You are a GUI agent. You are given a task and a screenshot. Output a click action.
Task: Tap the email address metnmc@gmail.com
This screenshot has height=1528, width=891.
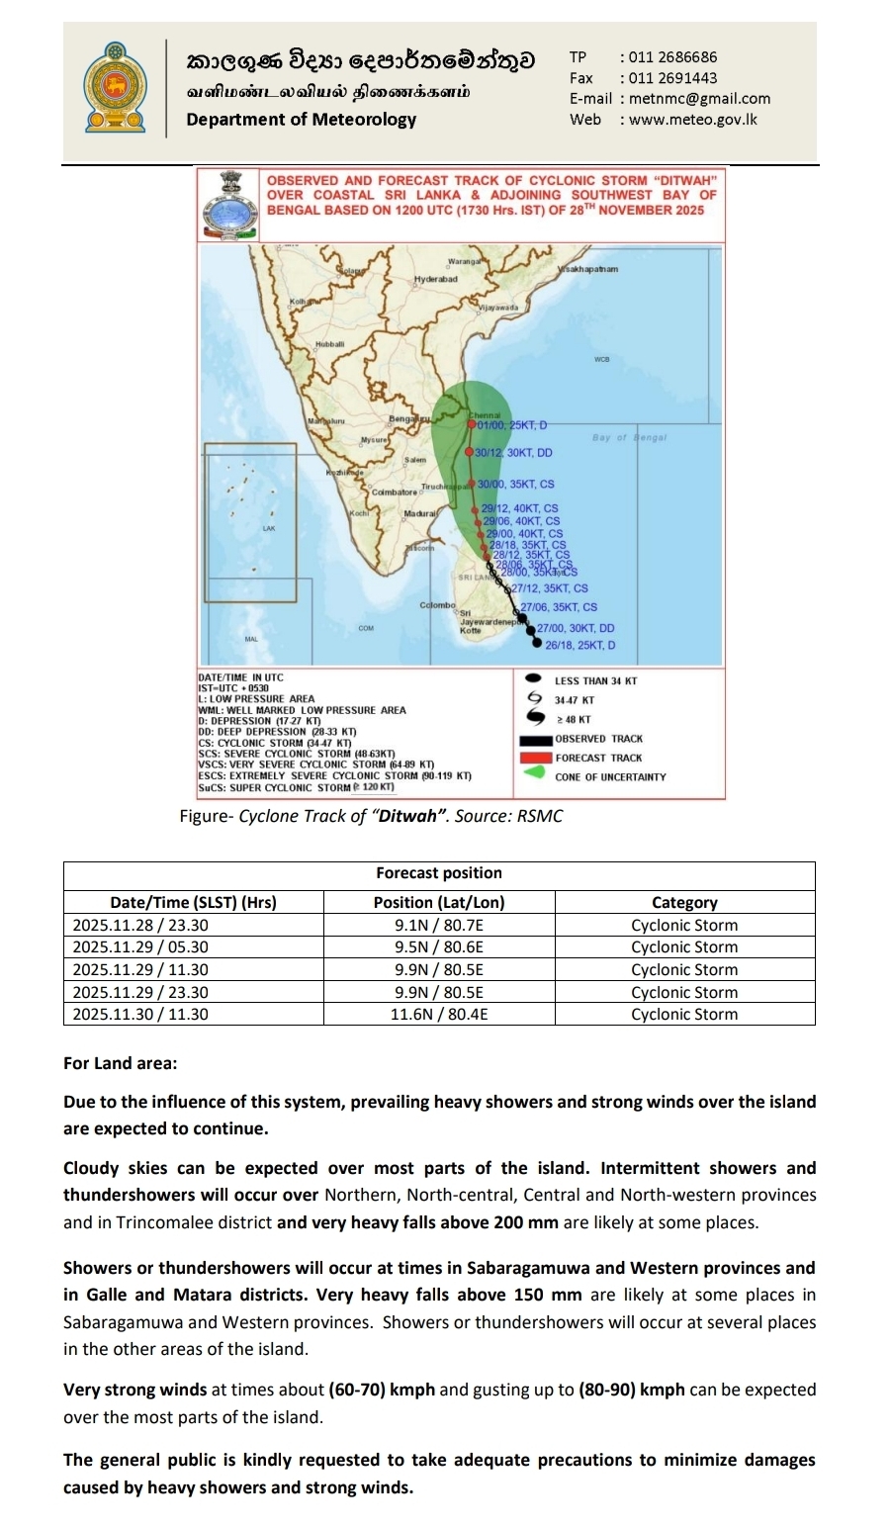(x=699, y=98)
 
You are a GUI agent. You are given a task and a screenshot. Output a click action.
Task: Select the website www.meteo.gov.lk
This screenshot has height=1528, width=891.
(x=692, y=119)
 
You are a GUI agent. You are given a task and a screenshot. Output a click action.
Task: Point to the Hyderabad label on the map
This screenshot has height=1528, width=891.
(x=435, y=280)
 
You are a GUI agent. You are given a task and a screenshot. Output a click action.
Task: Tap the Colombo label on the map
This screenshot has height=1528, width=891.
(x=437, y=604)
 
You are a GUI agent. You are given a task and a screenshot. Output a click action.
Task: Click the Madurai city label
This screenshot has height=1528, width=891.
(x=419, y=514)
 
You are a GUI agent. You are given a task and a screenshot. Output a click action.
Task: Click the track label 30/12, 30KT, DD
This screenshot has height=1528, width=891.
(x=513, y=453)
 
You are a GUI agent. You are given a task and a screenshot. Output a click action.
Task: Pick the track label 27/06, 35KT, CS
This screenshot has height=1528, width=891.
(x=559, y=607)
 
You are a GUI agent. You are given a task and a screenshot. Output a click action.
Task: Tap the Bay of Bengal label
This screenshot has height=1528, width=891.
(x=629, y=437)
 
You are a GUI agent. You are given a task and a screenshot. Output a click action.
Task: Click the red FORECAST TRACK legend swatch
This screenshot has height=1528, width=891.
(x=534, y=758)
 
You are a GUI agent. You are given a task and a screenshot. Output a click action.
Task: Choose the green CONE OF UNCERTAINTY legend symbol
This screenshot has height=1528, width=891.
(x=534, y=774)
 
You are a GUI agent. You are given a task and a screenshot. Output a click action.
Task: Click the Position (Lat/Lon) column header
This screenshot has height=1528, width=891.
(x=439, y=902)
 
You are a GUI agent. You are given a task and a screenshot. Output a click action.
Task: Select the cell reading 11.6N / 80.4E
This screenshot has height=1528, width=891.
(x=439, y=1014)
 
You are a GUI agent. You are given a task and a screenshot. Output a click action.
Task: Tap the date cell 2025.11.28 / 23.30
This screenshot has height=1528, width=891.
(x=141, y=926)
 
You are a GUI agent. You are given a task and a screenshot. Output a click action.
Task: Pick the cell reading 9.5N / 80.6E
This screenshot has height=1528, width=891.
(x=439, y=946)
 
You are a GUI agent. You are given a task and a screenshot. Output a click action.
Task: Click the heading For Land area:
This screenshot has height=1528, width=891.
(x=121, y=1063)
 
